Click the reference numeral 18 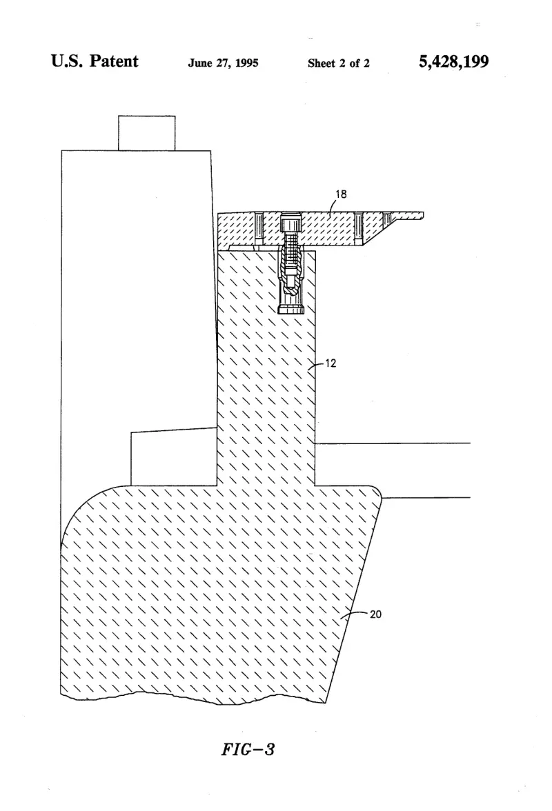(341, 194)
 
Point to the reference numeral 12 (331, 363)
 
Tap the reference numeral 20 (375, 614)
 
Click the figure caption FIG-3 (248, 749)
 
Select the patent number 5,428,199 (454, 61)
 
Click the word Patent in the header (114, 61)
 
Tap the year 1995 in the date (246, 63)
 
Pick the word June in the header (200, 63)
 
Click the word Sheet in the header (322, 63)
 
